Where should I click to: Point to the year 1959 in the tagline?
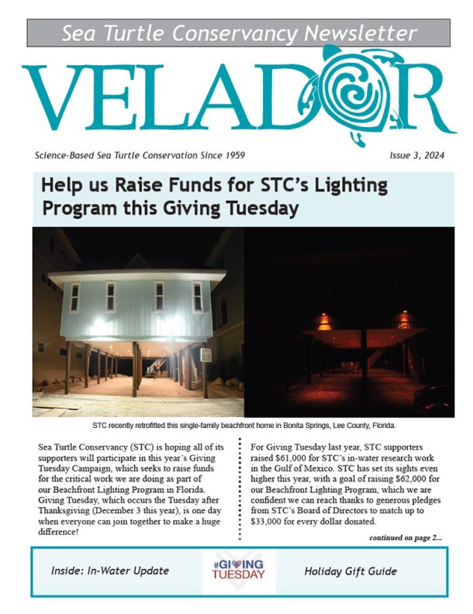click(232, 155)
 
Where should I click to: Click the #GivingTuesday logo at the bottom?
click(238, 571)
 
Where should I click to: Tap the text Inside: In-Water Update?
click(109, 571)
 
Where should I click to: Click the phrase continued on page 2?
click(406, 536)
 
